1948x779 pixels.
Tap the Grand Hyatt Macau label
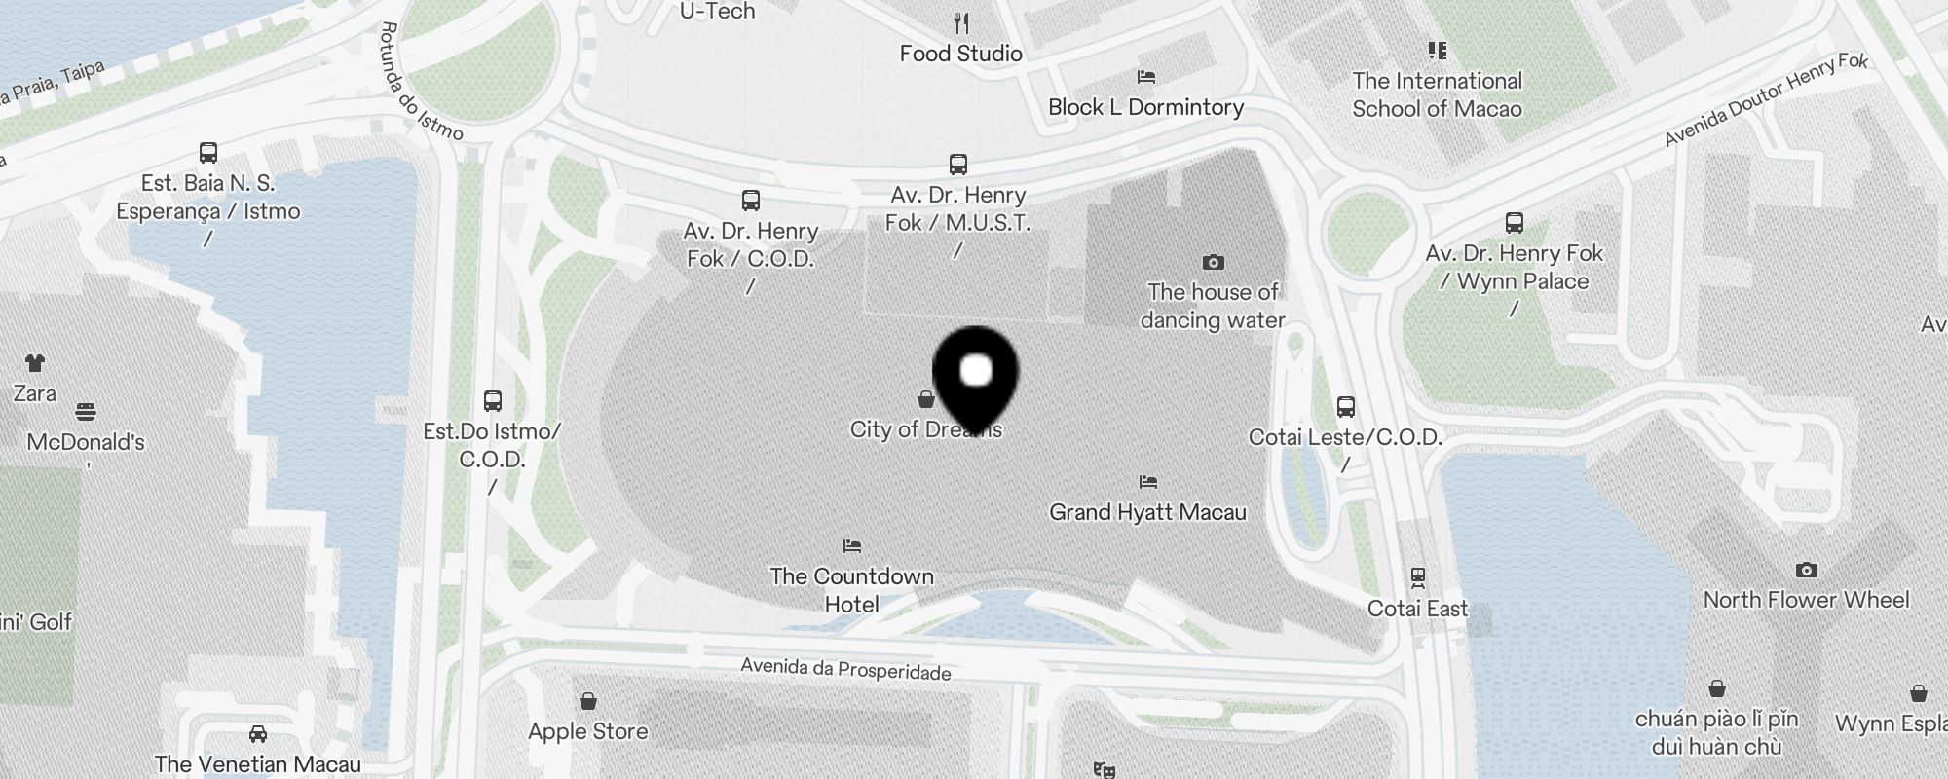pyautogui.click(x=1147, y=512)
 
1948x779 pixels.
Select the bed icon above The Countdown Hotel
pyautogui.click(x=852, y=546)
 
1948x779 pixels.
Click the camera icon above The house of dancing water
pyautogui.click(x=1213, y=262)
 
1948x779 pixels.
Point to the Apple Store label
pyautogui.click(x=587, y=731)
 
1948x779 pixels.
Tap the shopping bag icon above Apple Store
pyautogui.click(x=587, y=701)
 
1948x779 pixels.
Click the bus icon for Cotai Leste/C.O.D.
pyautogui.click(x=1346, y=406)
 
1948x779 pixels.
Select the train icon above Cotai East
pyautogui.click(x=1417, y=577)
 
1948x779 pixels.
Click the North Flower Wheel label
pyautogui.click(x=1806, y=600)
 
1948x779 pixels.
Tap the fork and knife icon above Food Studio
pyautogui.click(x=960, y=22)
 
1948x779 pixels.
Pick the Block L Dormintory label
pyautogui.click(x=1145, y=107)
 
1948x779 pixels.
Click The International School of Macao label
pyautogui.click(x=1437, y=94)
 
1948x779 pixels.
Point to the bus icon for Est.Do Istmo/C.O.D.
pyautogui.click(x=493, y=400)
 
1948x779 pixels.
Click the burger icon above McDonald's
pyautogui.click(x=86, y=412)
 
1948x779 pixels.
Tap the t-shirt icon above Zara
pyautogui.click(x=34, y=363)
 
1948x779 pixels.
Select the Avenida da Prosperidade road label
pyautogui.click(x=845, y=669)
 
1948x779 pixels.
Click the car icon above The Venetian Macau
pyautogui.click(x=257, y=733)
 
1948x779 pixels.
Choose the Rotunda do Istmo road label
pyautogui.click(x=420, y=82)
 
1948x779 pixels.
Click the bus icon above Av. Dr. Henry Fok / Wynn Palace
pyautogui.click(x=1514, y=223)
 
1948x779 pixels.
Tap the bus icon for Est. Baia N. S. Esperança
pyautogui.click(x=207, y=153)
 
